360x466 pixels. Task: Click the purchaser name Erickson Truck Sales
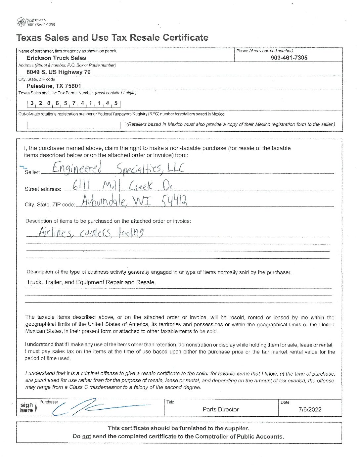[x=56, y=58]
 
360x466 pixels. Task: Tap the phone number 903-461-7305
[x=289, y=58]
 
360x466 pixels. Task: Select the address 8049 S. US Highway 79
[x=59, y=72]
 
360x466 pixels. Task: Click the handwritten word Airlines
[x=54, y=233]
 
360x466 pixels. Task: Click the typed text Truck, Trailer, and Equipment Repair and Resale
[x=91, y=282]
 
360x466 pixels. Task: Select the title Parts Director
[x=220, y=410]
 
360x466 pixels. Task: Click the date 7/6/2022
[x=310, y=410]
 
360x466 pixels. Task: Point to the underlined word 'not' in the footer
[x=86, y=437]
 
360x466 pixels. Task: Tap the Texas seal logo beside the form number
[x=21, y=22]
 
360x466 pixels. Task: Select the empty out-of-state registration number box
[x=73, y=125]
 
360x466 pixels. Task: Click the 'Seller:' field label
[x=32, y=172]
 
